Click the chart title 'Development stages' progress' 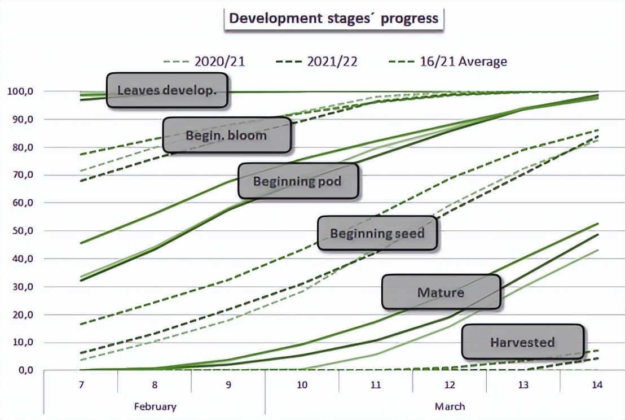coord(333,18)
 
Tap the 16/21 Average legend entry coord(448,62)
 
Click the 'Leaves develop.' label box coord(167,90)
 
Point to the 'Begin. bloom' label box coord(227,135)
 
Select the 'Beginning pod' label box coord(298,181)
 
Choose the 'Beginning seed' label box coord(377,233)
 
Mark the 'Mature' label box coord(441,292)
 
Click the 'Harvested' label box coord(522,342)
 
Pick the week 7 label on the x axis coord(81,385)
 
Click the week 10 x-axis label coord(302,385)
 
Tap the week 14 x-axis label coord(597,385)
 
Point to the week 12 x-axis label coord(450,385)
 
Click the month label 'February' coord(155,406)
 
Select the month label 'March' coord(450,406)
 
